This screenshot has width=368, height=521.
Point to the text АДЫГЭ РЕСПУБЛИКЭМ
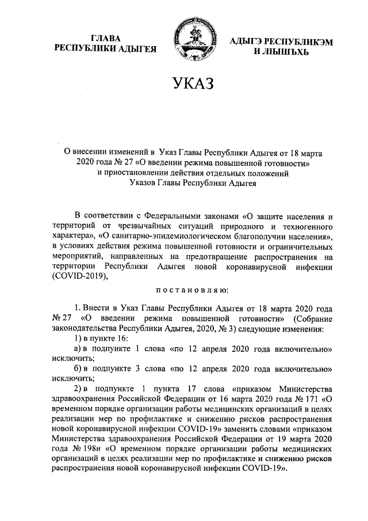(281, 41)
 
